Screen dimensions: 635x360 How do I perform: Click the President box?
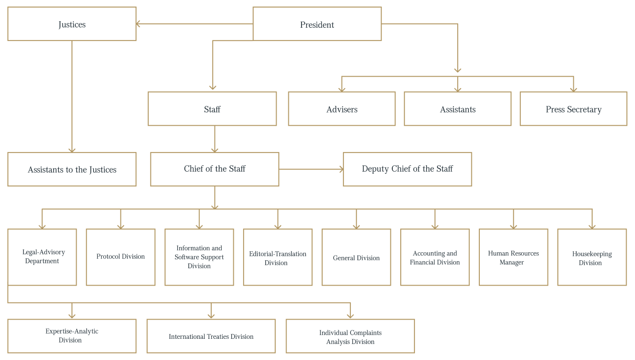(317, 24)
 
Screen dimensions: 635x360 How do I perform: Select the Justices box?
(71, 24)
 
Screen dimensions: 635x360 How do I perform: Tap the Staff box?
(212, 109)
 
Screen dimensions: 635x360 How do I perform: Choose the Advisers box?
(341, 109)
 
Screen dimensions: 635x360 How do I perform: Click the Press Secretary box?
(573, 109)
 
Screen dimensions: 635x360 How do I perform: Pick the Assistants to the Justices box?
(71, 169)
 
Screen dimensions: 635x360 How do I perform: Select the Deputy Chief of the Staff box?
(407, 169)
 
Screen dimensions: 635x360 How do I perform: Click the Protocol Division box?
(120, 257)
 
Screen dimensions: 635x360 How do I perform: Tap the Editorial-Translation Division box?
(278, 257)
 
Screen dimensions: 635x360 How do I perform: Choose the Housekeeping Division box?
(592, 257)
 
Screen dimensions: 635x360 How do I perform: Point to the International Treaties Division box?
(211, 336)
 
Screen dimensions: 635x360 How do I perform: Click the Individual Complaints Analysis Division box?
(350, 336)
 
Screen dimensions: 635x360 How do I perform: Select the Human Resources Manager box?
(513, 257)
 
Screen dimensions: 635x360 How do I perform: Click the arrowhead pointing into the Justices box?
(138, 24)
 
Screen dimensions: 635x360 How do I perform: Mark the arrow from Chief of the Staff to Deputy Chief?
(311, 169)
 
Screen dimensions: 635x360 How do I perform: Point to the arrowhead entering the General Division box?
(357, 227)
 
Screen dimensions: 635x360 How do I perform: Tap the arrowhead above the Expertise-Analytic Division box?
(71, 316)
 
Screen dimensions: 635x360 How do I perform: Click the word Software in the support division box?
(187, 257)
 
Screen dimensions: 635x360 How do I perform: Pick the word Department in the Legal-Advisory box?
(42, 261)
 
